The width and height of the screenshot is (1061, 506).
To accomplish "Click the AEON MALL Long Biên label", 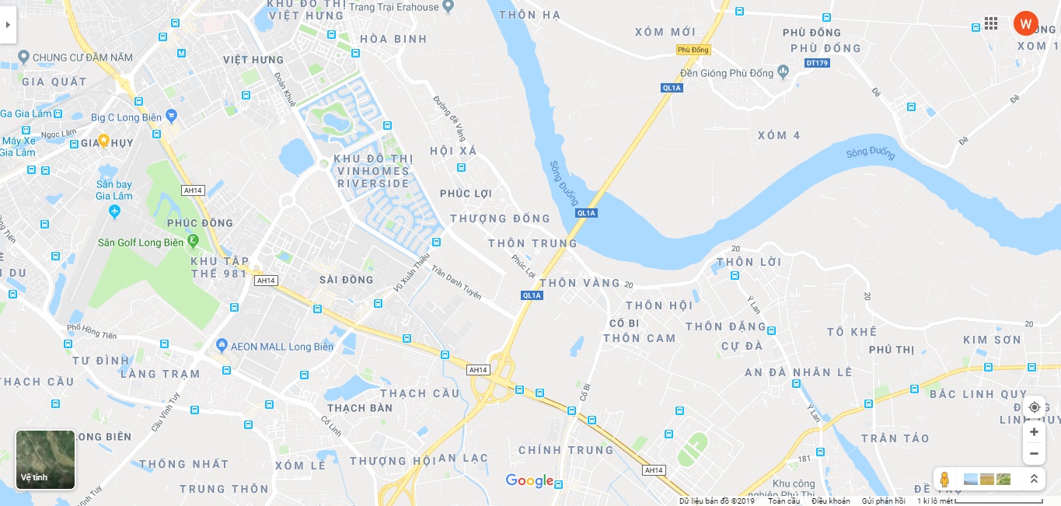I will [x=282, y=346].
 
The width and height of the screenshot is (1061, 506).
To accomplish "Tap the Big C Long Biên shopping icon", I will [x=172, y=116].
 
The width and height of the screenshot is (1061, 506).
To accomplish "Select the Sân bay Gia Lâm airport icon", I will [x=115, y=211].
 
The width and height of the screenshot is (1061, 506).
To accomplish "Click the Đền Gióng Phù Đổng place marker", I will [x=783, y=72].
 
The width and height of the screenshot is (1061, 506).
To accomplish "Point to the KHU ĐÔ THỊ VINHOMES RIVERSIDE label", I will [x=373, y=171].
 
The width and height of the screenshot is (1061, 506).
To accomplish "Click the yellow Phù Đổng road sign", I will [x=693, y=50].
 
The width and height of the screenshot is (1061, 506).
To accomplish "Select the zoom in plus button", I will [x=1034, y=432].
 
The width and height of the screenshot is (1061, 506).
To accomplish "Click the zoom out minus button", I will [x=1034, y=453].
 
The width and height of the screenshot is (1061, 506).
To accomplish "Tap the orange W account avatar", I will [x=1025, y=23].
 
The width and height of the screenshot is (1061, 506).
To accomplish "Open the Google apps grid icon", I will [x=991, y=23].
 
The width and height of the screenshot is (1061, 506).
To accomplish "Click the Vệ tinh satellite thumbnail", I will [x=46, y=459].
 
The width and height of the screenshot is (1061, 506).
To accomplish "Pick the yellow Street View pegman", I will [x=944, y=479].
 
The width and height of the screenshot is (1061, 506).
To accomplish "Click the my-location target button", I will [x=1034, y=407].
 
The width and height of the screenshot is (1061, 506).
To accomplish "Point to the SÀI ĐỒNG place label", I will [x=347, y=280].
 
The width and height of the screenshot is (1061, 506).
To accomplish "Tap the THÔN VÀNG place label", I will [x=580, y=283].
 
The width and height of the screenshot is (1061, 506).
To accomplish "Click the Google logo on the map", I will [x=529, y=481].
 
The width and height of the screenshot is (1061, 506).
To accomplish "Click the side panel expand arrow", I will [x=8, y=24].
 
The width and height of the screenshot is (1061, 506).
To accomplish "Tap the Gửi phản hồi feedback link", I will [x=883, y=501].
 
